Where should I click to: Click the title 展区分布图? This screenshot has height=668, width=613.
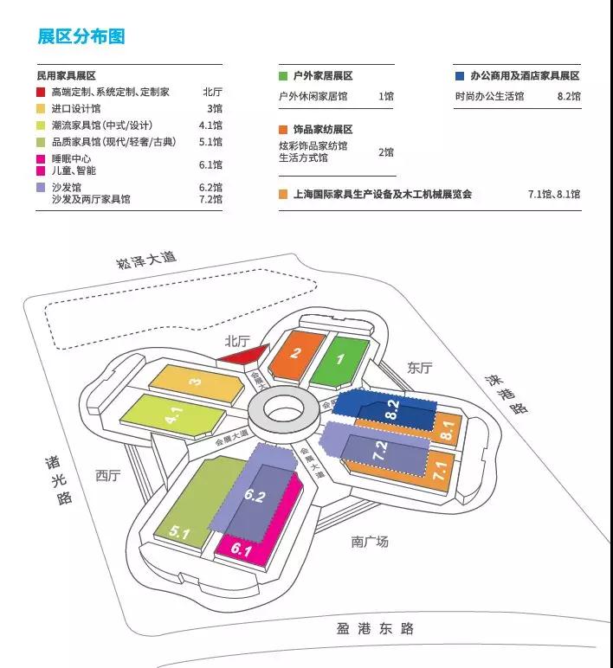[81, 36]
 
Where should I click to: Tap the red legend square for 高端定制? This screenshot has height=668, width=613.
[41, 92]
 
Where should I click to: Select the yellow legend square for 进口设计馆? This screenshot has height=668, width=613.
[41, 109]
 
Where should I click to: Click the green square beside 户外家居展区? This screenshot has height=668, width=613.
[283, 76]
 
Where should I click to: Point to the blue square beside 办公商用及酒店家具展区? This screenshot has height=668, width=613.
[459, 76]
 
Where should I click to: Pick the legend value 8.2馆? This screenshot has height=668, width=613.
[568, 96]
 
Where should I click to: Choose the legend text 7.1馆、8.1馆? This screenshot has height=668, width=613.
[554, 194]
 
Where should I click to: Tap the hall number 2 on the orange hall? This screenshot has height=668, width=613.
[296, 353]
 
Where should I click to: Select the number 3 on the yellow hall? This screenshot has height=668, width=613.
[197, 382]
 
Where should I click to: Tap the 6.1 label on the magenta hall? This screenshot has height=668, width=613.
[240, 549]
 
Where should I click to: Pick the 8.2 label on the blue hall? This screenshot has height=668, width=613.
[392, 409]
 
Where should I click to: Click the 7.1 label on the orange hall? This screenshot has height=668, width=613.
[440, 472]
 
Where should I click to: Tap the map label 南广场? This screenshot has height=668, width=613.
[370, 542]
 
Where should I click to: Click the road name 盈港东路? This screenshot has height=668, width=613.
[376, 628]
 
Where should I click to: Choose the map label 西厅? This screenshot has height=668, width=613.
[109, 475]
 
